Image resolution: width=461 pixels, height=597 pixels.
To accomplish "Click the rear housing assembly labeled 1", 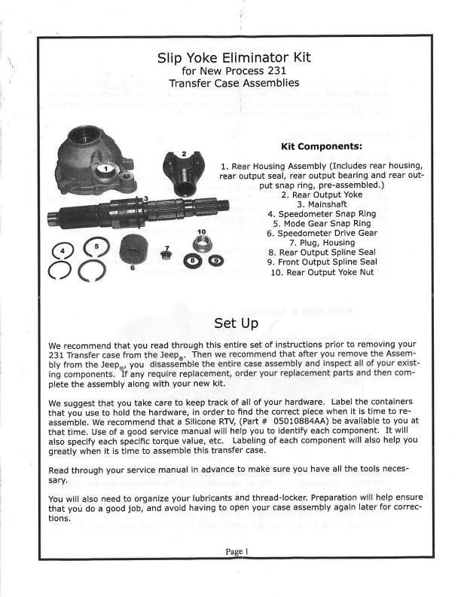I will coord(95,162).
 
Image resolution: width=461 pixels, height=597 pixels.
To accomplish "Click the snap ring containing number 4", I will coord(63,250).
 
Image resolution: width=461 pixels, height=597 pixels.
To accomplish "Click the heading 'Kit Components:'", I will coord(321,145).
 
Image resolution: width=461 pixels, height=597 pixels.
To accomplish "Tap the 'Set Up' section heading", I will coord(236,323).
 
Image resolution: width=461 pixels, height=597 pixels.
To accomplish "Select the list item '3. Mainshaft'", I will coord(322,204).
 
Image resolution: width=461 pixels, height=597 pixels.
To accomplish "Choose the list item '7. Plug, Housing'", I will coord(322,243).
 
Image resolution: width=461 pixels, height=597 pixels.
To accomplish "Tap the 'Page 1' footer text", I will coord(237,551).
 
